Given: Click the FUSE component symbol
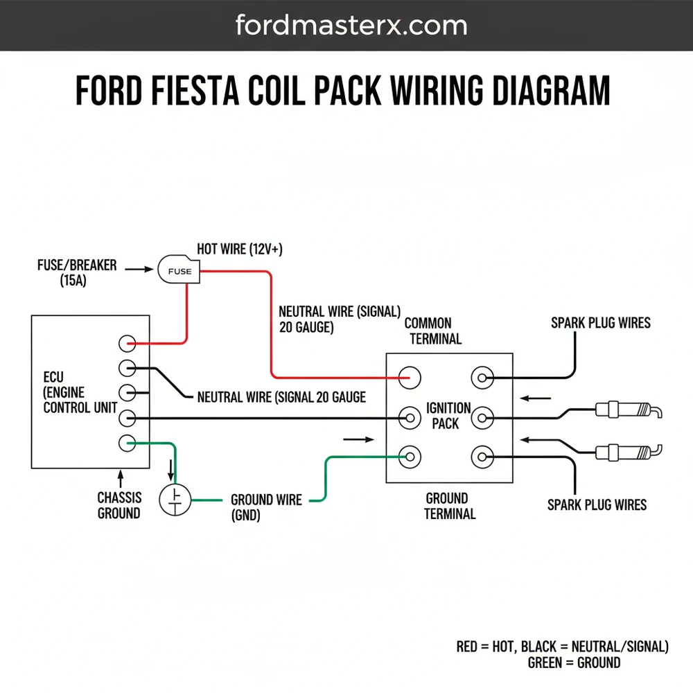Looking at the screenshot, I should (x=179, y=270).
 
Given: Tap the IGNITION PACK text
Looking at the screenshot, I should (x=448, y=415).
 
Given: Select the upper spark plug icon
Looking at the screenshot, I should (x=628, y=411).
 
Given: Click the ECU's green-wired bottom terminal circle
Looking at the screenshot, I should (x=127, y=443).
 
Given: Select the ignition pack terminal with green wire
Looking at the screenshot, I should (x=410, y=457).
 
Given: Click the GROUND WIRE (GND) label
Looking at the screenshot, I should (x=266, y=507).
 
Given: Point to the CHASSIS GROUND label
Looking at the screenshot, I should (x=119, y=505).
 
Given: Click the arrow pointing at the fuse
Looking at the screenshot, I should (x=138, y=270).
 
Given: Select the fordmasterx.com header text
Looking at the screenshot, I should (x=351, y=26).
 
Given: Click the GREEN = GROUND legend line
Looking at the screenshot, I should (x=574, y=663).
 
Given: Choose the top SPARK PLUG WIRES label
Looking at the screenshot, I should (x=600, y=323).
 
